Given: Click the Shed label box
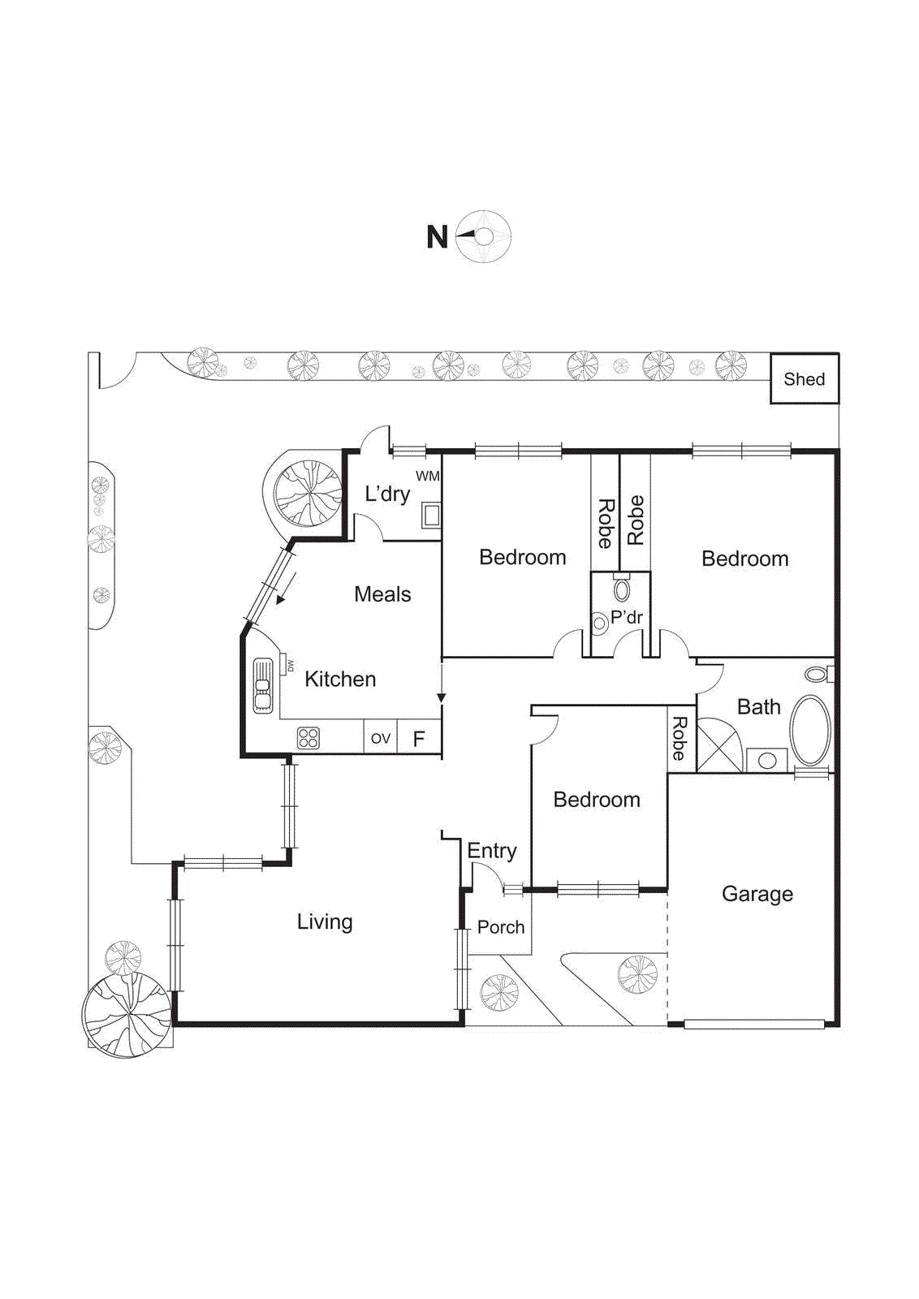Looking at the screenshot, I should (x=804, y=379).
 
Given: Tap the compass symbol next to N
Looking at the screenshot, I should (x=483, y=236).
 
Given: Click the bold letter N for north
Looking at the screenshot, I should (x=437, y=237).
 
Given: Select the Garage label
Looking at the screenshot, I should (x=757, y=894).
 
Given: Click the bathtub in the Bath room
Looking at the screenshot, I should (x=810, y=730).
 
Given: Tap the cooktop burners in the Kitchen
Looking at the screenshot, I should (x=308, y=737).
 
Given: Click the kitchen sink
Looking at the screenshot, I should (x=262, y=685).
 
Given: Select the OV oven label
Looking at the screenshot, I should (x=380, y=738).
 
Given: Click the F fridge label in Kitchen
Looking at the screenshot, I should (x=419, y=739).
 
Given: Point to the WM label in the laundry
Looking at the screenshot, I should (x=428, y=476).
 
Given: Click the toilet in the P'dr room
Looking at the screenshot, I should (x=622, y=588).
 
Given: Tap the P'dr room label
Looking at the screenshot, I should (x=627, y=617).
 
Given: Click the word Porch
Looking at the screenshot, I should (x=500, y=927).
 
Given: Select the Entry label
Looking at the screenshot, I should (x=491, y=851).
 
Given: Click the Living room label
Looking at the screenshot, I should (x=324, y=921).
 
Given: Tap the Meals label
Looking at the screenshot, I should (x=382, y=594).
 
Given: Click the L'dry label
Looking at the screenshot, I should (x=386, y=494).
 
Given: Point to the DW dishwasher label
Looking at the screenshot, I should (x=290, y=666).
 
